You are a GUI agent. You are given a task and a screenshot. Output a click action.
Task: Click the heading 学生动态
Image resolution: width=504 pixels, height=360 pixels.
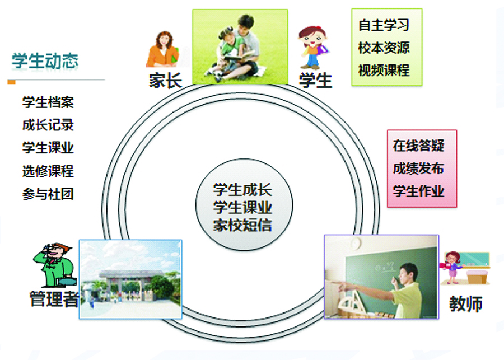(x=45, y=61)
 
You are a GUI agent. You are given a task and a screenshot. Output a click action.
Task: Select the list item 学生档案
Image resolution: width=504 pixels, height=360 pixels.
(x=48, y=102)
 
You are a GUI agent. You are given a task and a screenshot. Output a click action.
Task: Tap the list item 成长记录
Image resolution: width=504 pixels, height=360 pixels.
(x=48, y=125)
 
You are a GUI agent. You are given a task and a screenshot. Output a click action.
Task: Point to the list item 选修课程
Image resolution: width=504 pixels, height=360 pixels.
(x=48, y=171)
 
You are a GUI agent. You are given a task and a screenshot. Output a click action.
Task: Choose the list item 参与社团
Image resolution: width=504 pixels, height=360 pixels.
(x=48, y=194)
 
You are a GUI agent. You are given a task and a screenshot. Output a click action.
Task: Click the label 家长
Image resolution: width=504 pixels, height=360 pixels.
(x=165, y=80)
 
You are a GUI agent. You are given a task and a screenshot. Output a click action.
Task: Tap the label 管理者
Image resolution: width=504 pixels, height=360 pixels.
(x=54, y=299)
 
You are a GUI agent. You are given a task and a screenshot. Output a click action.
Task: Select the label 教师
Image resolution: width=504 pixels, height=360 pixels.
(x=466, y=304)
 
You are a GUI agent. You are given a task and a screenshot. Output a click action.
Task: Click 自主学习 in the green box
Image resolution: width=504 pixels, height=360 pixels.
(x=384, y=25)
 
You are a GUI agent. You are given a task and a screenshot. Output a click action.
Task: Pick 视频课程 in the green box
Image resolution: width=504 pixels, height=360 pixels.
(x=384, y=71)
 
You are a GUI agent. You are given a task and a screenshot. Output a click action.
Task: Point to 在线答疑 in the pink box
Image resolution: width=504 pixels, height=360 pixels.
(x=418, y=146)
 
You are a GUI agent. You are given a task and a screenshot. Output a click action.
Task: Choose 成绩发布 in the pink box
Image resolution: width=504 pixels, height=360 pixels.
(x=418, y=169)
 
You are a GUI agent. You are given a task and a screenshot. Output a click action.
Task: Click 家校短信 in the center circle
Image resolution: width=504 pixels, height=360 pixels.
(x=242, y=225)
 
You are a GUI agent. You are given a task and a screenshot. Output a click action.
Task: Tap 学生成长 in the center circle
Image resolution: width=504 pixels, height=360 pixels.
(x=242, y=190)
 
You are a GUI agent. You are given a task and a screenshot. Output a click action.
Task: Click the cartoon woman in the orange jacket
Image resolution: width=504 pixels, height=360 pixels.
(x=162, y=49)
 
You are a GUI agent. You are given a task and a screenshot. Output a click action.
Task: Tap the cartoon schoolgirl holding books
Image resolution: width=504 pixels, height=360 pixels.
(x=313, y=48)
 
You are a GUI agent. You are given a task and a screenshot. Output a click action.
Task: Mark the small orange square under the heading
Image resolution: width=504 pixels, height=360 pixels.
(x=11, y=82)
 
